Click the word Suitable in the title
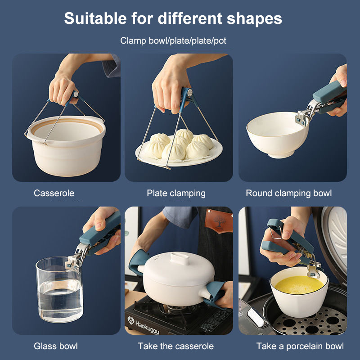pos(95,18)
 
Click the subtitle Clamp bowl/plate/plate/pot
pos(173,41)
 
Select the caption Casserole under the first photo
pos(54,193)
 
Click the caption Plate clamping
pos(176,193)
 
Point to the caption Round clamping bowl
pos(288,193)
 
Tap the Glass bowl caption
pos(56,346)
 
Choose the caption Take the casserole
pos(175,346)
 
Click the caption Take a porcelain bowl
pos(300,346)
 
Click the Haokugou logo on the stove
pos(144,324)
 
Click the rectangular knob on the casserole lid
pos(180,258)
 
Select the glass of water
pos(59,290)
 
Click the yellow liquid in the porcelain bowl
pos(299,285)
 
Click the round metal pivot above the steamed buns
pos(189,93)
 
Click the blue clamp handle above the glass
pos(100,233)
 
